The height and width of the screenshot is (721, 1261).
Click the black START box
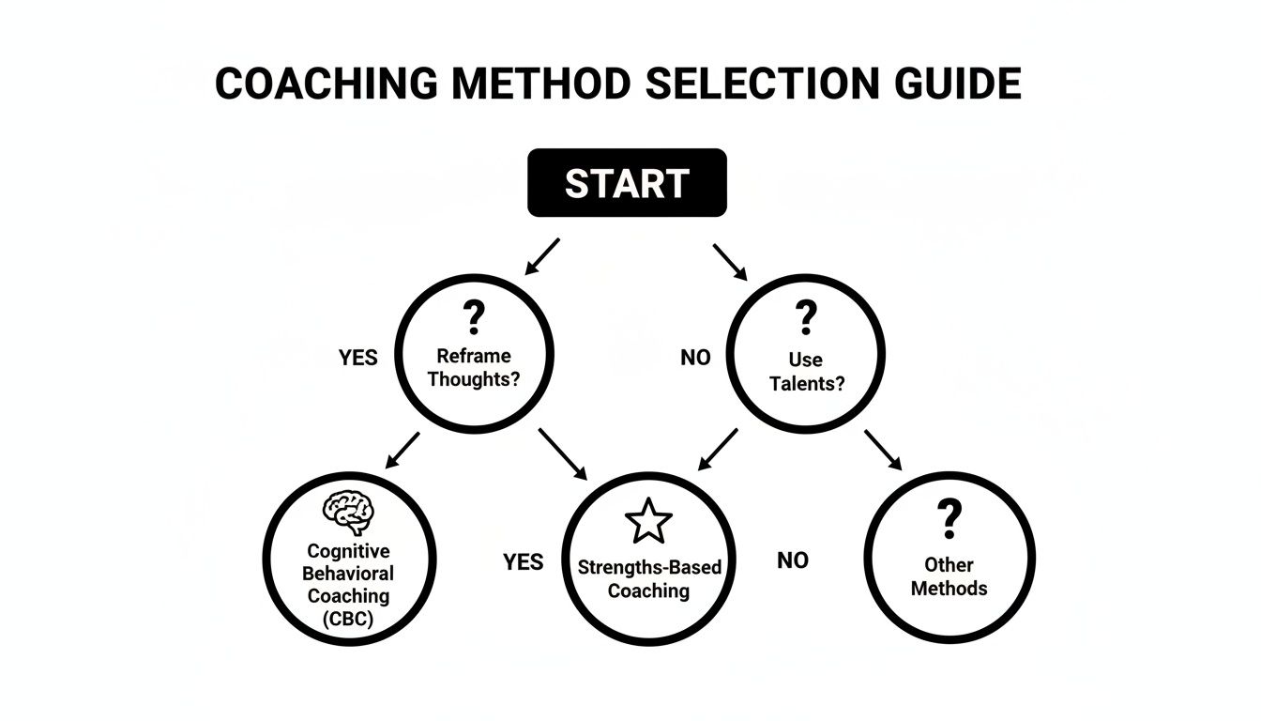[x=627, y=183]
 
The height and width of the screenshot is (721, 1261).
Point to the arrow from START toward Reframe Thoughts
[x=542, y=256]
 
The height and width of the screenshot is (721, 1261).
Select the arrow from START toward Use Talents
[x=730, y=262]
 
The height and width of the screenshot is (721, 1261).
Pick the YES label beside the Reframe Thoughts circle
[x=357, y=358]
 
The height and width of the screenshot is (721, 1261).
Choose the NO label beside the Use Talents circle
[x=695, y=358]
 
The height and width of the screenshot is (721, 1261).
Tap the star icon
[x=648, y=522]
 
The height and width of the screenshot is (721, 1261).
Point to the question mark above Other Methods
[x=950, y=518]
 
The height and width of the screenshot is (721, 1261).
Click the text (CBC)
[x=348, y=619]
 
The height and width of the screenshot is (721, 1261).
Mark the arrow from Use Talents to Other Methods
[x=883, y=450]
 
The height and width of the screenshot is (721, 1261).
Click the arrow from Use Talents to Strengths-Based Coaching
[x=718, y=450]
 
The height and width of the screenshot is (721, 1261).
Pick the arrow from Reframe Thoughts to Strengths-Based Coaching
[x=562, y=451]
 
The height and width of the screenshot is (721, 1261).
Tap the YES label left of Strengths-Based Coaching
[x=523, y=561]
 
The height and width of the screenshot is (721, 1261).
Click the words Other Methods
[x=950, y=576]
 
